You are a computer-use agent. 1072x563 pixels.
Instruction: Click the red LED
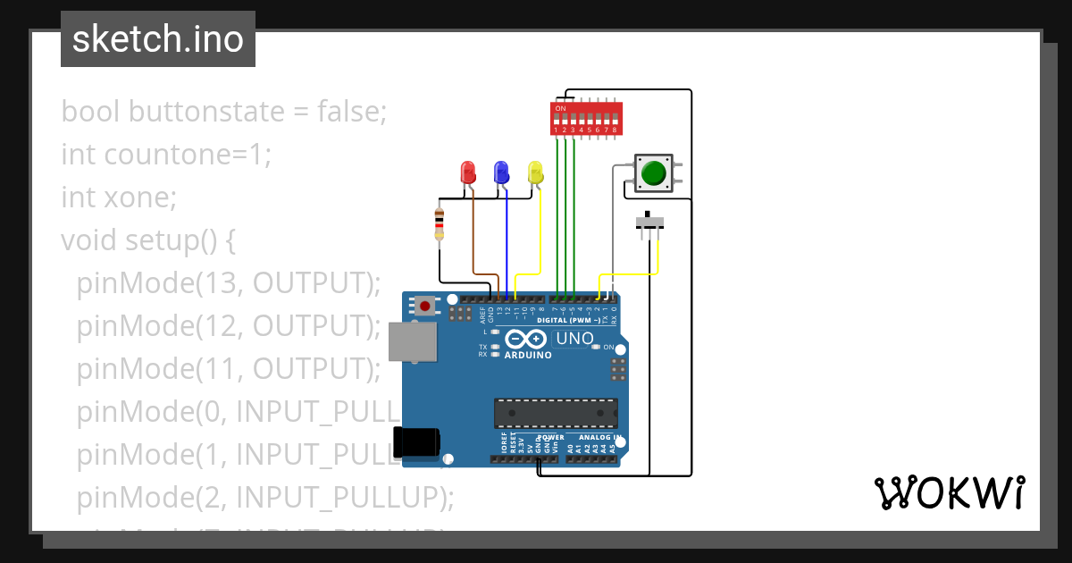[467, 172]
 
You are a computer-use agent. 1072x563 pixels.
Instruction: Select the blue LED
[501, 172]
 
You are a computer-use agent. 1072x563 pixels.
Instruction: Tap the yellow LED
[535, 172]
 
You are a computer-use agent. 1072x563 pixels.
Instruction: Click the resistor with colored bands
[439, 223]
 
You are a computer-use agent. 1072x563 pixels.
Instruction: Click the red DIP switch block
[585, 117]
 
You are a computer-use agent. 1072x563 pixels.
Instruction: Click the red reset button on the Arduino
[425, 306]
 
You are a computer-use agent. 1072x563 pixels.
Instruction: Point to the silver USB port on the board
[412, 342]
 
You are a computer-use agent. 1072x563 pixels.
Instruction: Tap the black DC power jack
[416, 441]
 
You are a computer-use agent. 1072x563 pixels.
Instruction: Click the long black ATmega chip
[556, 413]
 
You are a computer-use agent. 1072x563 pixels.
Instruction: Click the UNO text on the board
[574, 339]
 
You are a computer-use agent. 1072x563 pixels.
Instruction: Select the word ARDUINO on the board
[527, 355]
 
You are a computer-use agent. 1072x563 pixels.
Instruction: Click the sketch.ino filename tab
[158, 39]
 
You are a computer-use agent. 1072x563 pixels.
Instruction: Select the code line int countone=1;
[165, 155]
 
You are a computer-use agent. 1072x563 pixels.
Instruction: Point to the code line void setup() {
[147, 240]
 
